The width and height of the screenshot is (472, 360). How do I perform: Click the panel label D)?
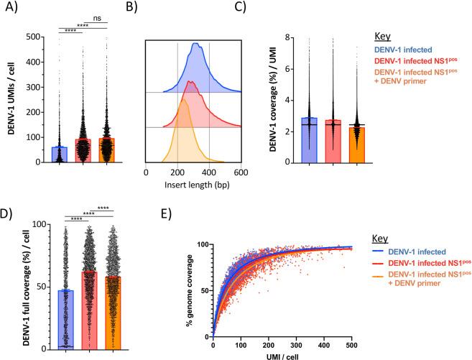(13, 213)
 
